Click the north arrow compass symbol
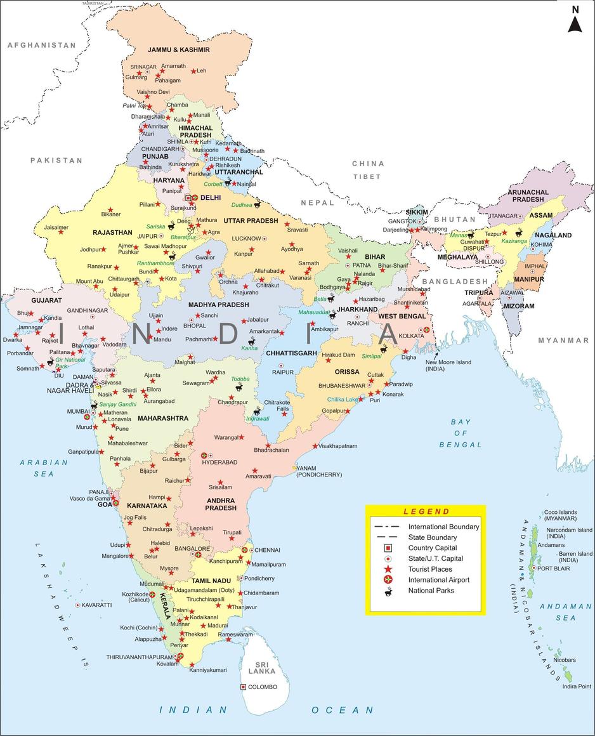[x=575, y=20]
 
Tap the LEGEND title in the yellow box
[x=426, y=511]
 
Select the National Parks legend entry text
[x=431, y=591]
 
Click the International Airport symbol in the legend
[x=387, y=580]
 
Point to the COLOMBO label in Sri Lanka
[x=263, y=687]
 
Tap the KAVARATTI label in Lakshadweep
[x=96, y=605]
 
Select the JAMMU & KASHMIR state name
[x=178, y=49]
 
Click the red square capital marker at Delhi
[x=188, y=198]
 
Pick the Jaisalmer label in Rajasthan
[x=56, y=227]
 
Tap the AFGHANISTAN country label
[x=41, y=45]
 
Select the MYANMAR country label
[x=563, y=341]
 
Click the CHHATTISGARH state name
[x=291, y=353]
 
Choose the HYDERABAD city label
[x=219, y=463]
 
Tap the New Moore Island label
[x=448, y=365]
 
